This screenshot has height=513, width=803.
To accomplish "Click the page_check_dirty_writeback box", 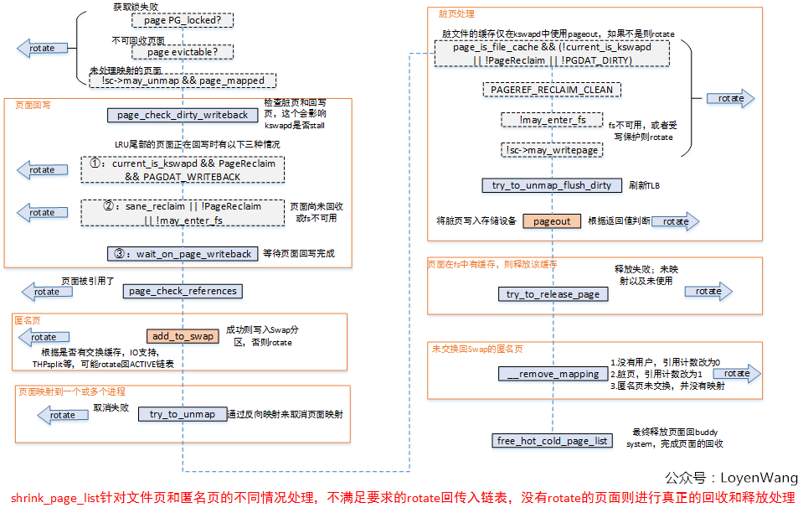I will point(183,115).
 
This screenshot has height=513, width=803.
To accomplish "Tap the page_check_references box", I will point(183,291).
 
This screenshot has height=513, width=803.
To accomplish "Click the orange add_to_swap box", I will point(183,336).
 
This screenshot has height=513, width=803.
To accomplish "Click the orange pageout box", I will point(551,221).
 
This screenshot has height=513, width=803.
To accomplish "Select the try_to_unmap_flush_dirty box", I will point(552,185).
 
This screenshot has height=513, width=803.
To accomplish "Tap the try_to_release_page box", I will point(553,294).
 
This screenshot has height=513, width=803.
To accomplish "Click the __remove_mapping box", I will point(553,374).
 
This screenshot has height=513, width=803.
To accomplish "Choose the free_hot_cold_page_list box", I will point(553,440).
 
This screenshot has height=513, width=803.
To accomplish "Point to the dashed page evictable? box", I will point(183,52).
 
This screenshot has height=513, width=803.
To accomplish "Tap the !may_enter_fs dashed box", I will point(552,120).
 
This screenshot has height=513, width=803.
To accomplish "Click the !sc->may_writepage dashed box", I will point(552,150).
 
